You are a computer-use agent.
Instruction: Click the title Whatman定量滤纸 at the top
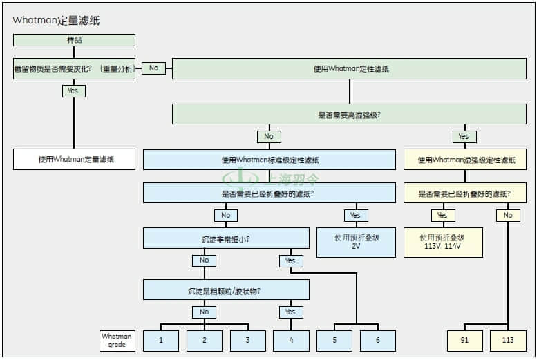[x=56, y=21]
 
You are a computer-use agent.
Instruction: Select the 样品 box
[x=74, y=40]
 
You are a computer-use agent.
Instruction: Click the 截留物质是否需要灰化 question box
[x=74, y=68]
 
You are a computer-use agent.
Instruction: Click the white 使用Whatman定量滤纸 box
[x=74, y=160]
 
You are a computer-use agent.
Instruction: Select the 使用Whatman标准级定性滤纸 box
[x=269, y=160]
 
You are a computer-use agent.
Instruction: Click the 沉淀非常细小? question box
[x=226, y=238]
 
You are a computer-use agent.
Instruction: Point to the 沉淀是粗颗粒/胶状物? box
[x=226, y=290]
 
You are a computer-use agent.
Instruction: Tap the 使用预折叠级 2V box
[x=356, y=242]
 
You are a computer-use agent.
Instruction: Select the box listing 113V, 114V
[x=443, y=242]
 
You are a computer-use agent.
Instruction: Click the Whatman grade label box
[x=116, y=341]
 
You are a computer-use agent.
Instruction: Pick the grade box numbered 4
[x=291, y=341]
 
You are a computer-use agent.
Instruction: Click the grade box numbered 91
[x=464, y=341]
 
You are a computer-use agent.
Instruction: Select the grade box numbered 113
[x=508, y=341]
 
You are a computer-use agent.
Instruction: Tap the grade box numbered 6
[x=378, y=341]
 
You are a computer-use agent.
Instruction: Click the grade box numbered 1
[x=161, y=341]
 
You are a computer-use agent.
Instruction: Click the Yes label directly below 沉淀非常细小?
[x=291, y=260]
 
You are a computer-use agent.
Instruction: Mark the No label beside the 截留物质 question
[x=153, y=68]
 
